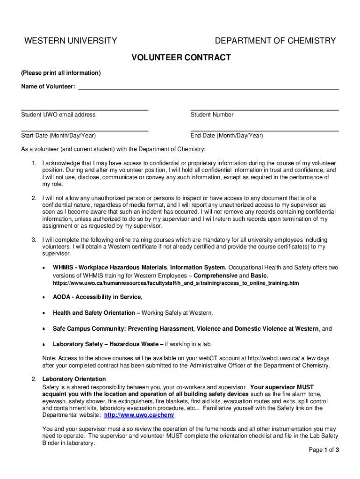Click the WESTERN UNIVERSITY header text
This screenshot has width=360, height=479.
click(71, 41)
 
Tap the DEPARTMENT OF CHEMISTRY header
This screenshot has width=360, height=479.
click(275, 41)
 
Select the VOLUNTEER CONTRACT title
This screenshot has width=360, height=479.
click(181, 58)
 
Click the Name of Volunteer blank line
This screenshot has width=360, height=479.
click(208, 88)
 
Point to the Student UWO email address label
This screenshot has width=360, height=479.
click(58, 115)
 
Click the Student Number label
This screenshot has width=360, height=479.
click(212, 115)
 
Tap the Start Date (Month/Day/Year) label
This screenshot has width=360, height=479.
click(58, 136)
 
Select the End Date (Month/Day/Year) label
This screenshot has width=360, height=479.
click(227, 136)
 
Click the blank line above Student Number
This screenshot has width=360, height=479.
click(265, 110)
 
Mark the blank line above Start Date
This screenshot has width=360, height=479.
click(85, 131)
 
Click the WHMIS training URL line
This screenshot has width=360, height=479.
click(176, 283)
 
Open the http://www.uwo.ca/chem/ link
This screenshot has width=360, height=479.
click(139, 415)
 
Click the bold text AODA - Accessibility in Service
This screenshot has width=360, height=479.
click(97, 297)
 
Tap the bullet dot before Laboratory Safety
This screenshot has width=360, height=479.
click(43, 345)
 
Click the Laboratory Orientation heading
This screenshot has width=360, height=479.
click(74, 379)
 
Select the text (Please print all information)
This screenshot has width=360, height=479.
click(61, 73)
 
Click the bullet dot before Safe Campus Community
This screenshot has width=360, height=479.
click(43, 329)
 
